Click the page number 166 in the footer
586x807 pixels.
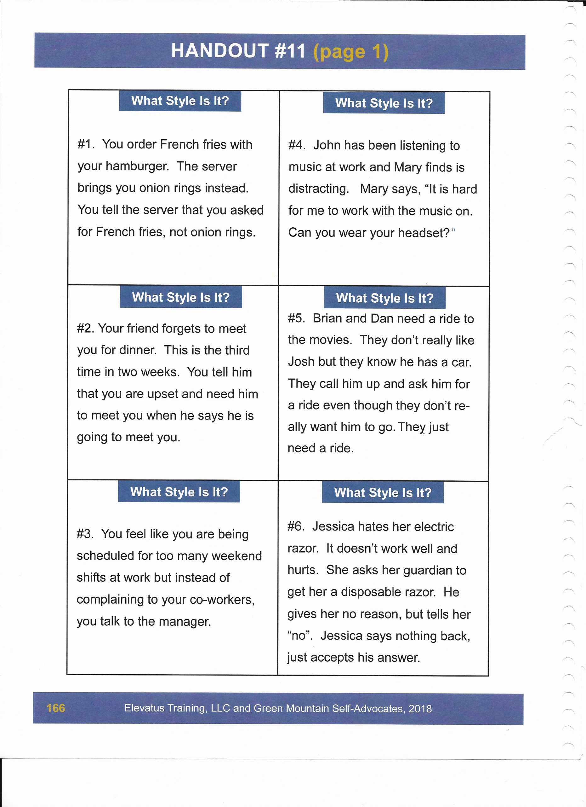point(56,708)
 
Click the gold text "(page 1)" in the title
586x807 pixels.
point(351,52)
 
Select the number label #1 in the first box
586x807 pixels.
point(86,144)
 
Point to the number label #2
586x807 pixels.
point(85,328)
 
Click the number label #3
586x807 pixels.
point(85,534)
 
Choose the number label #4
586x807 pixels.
point(296,145)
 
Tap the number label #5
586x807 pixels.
point(296,318)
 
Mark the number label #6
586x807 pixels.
point(296,526)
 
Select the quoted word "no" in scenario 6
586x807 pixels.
point(299,636)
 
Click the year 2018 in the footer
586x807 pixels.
point(420,709)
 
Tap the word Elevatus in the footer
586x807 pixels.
point(144,708)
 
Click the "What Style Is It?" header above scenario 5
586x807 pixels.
point(384,298)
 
